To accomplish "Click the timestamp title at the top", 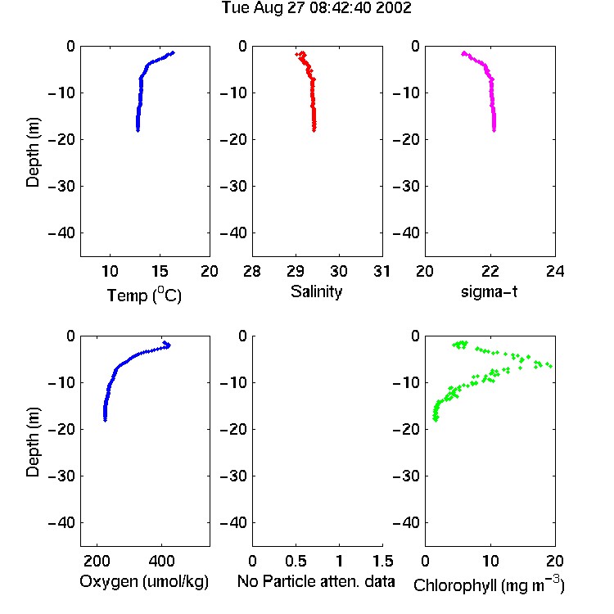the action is tap(316, 8).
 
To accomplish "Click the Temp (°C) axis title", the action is tap(144, 295).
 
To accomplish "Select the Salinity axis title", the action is tap(316, 291).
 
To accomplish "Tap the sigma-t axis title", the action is tap(489, 291).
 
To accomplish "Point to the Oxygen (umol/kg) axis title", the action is tap(144, 581).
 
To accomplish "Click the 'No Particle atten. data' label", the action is tap(316, 581).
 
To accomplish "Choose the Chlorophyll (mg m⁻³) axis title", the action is tap(489, 585).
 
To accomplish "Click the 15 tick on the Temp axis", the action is tap(160, 271).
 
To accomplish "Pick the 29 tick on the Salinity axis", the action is tap(296, 271).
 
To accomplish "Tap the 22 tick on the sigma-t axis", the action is tap(490, 271).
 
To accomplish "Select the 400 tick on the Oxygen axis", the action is tap(161, 561).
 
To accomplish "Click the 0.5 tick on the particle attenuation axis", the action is tap(296, 561).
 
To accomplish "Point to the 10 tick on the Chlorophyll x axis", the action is tap(490, 561).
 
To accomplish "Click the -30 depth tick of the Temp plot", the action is tap(61, 186).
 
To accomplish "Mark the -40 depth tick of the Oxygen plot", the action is tap(61, 522).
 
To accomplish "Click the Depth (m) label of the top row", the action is tap(33, 152).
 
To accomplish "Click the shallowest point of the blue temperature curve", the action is tap(172, 52).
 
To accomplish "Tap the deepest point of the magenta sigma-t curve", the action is tap(494, 130).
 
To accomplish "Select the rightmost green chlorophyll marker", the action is tap(550, 366).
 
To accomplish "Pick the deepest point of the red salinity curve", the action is tap(314, 130).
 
